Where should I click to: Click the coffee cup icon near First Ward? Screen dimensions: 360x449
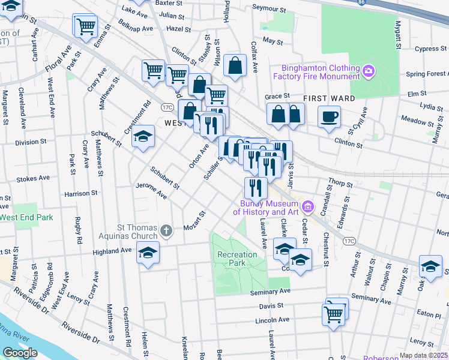click(329, 118)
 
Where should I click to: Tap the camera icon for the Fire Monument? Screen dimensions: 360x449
click(369, 72)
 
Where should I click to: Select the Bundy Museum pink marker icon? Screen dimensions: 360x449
click(308, 207)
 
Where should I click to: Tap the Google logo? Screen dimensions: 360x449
click(20, 353)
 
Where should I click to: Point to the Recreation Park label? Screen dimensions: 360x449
click(237, 259)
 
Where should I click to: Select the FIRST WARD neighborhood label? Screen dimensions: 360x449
click(328, 98)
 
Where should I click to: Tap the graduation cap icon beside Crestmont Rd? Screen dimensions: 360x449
click(143, 137)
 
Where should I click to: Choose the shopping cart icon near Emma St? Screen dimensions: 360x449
click(85, 27)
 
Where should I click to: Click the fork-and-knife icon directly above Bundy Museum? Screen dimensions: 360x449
click(256, 188)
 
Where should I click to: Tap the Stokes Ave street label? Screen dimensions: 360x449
click(33, 178)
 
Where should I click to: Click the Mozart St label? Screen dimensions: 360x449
click(195, 221)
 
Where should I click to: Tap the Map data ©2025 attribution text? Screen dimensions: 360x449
click(424, 355)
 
